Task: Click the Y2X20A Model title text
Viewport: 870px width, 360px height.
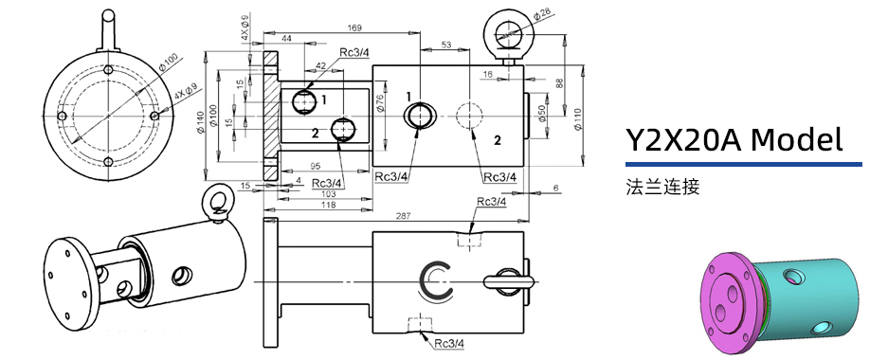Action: [x=734, y=140]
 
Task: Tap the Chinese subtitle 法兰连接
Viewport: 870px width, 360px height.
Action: [x=662, y=187]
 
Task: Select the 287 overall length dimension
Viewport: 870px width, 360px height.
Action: [x=403, y=216]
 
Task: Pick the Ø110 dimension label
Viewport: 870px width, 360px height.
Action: [x=577, y=119]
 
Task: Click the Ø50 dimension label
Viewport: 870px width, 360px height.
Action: [x=541, y=115]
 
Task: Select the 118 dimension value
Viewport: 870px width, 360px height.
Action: [x=329, y=205]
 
